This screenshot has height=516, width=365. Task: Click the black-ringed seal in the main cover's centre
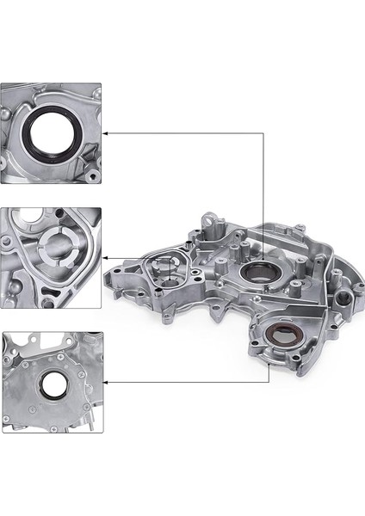point(256,274)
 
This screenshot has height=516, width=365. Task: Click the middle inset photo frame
point(51,257)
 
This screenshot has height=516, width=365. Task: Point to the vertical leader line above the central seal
point(262,198)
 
